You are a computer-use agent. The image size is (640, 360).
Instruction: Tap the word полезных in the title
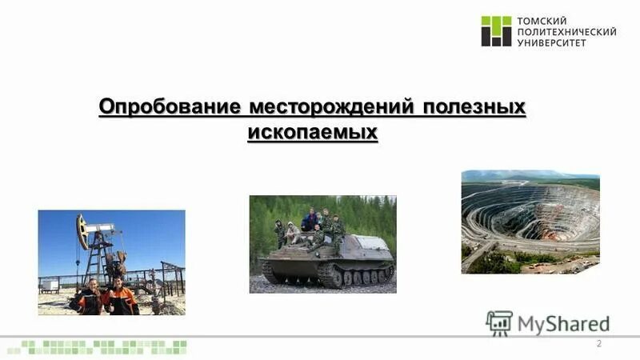tap(475, 106)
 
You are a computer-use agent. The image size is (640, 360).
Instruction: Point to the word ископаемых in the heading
tap(312, 130)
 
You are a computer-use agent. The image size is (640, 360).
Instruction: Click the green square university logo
tap(496, 31)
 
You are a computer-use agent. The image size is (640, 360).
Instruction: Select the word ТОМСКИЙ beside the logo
tap(542, 20)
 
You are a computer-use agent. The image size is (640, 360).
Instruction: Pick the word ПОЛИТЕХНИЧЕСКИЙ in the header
tap(567, 31)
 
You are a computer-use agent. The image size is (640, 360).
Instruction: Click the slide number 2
tap(598, 343)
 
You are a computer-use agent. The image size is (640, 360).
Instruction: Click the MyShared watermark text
tap(563, 324)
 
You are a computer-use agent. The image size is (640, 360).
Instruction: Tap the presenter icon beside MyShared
tap(499, 322)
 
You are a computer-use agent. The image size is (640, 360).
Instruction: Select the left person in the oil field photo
tap(90, 298)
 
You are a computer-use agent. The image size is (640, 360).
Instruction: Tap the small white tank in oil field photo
tap(50, 284)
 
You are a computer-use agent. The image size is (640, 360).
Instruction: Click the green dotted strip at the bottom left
tap(104, 346)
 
